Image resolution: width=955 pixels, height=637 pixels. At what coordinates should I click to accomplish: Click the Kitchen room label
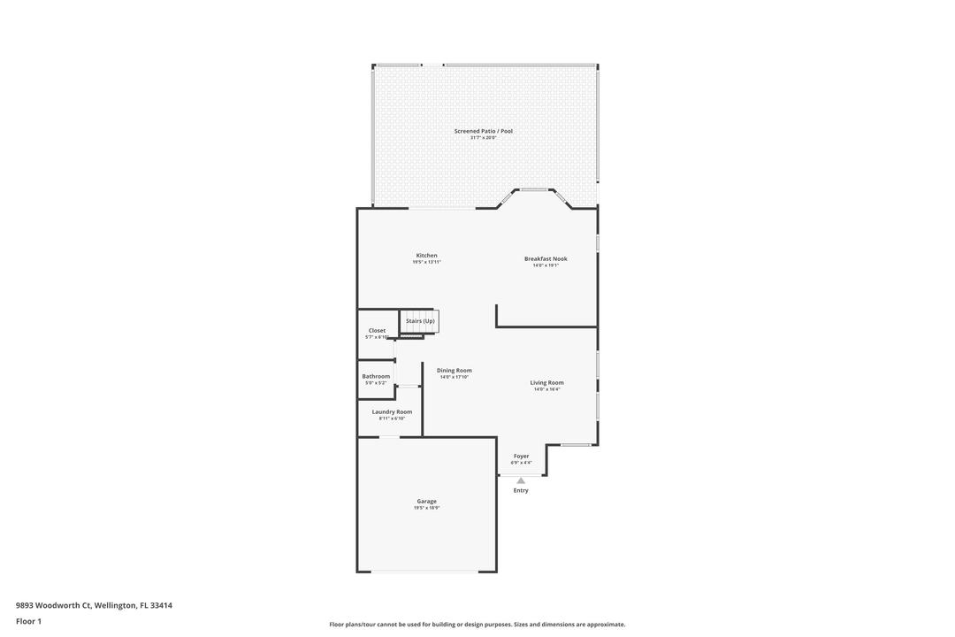click(426, 256)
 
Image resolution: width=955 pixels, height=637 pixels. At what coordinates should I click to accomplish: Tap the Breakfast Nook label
click(546, 259)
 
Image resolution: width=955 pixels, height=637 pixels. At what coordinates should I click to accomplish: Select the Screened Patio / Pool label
click(483, 131)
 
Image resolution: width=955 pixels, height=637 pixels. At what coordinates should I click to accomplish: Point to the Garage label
click(426, 502)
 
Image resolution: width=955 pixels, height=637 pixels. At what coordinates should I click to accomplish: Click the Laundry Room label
click(392, 411)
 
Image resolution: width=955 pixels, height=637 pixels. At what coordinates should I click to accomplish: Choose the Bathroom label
click(376, 376)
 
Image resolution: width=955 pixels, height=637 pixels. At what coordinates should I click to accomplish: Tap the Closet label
click(377, 331)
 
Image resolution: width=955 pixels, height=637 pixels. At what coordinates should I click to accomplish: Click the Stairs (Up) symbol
click(420, 320)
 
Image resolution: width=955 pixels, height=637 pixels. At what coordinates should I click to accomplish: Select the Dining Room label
click(454, 370)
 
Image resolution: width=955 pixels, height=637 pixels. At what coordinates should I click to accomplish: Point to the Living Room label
click(546, 382)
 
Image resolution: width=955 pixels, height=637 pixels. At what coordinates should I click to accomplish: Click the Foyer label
click(521, 456)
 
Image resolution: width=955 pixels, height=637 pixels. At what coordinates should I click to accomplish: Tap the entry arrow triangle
click(521, 480)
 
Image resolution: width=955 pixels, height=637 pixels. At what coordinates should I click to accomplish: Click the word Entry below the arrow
click(521, 490)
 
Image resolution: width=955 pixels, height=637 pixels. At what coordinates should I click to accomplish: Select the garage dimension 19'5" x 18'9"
click(426, 508)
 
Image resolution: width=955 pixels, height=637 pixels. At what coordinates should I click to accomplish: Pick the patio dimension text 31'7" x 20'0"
click(483, 137)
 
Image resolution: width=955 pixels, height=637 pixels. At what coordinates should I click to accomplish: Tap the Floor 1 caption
click(28, 622)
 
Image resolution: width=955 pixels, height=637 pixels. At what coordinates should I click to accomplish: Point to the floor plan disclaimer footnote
click(477, 625)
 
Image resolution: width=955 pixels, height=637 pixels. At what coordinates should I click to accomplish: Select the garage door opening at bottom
click(425, 572)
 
